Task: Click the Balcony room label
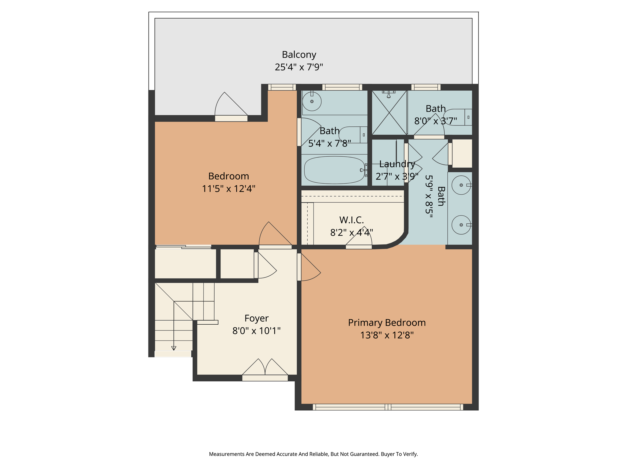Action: pyautogui.click(x=299, y=54)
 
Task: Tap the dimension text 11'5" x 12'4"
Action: pyautogui.click(x=228, y=188)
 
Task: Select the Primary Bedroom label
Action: pyautogui.click(x=387, y=323)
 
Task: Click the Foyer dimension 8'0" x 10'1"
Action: pyautogui.click(x=256, y=331)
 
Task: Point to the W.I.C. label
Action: pyautogui.click(x=351, y=220)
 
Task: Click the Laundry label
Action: pyautogui.click(x=397, y=164)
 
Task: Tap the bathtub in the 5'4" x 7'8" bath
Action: pyautogui.click(x=334, y=170)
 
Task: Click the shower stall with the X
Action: pyautogui.click(x=389, y=113)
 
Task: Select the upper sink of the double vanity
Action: pyautogui.click(x=461, y=185)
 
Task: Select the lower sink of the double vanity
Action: pyautogui.click(x=461, y=225)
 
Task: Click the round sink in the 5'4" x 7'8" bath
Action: pyautogui.click(x=312, y=101)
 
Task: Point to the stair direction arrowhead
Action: pyautogui.click(x=174, y=348)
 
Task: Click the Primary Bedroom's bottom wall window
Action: pyautogui.click(x=388, y=407)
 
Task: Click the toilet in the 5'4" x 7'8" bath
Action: pyautogui.click(x=352, y=135)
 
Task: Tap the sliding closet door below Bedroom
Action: pyautogui.click(x=184, y=247)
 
